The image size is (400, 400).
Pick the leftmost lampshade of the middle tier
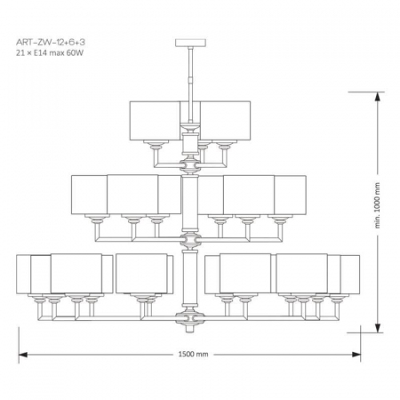(89, 193)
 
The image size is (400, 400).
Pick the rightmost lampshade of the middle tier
(290, 193)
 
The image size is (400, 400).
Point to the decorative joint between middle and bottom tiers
(190, 239)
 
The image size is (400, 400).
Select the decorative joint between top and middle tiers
(190, 164)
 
